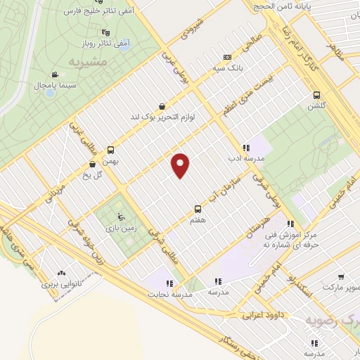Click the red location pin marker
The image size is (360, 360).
(181, 165)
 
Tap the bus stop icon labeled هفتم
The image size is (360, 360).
(198, 209)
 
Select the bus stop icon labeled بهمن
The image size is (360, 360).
(110, 150)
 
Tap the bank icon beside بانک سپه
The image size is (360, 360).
(227, 57)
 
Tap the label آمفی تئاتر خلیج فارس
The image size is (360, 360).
(91, 13)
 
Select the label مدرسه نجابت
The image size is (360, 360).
(167, 293)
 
